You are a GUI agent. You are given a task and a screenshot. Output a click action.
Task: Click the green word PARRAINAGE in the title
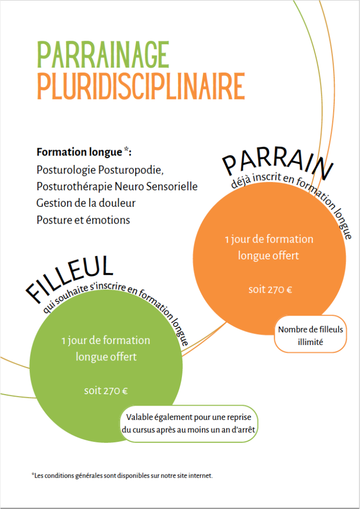tap(103, 55)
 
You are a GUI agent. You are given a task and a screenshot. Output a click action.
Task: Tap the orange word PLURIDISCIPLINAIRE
tap(141, 85)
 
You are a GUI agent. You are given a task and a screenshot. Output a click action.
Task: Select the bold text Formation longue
tap(79, 152)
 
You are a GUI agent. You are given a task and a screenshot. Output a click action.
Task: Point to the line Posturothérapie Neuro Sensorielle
tap(117, 187)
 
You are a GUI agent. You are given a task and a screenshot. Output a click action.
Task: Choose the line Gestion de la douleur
tap(86, 203)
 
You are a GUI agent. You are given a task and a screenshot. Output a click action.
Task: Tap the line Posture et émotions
tap(83, 220)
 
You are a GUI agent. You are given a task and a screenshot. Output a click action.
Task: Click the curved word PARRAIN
tap(278, 166)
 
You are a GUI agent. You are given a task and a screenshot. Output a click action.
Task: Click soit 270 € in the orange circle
tap(270, 290)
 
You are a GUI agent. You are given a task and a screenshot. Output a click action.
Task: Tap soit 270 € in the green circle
tap(106, 391)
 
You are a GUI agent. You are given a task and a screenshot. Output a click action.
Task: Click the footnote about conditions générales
tap(122, 476)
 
